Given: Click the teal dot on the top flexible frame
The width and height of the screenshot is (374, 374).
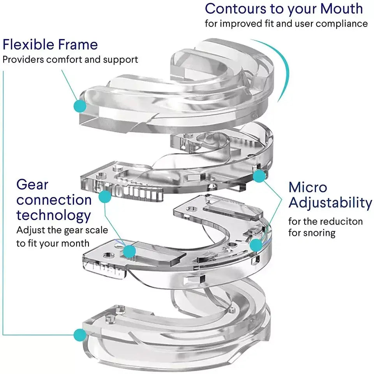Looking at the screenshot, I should pyautogui.click(x=80, y=105).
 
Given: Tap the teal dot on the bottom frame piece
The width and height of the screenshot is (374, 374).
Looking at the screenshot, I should pyautogui.click(x=80, y=334).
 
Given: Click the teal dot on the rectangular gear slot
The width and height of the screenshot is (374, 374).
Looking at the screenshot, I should pyautogui.click(x=130, y=250).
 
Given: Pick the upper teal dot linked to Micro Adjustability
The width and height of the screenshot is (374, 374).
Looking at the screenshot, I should pyautogui.click(x=259, y=177).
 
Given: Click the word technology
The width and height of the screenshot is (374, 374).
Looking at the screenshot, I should pyautogui.click(x=54, y=215).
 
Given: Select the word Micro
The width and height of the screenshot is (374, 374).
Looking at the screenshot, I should pyautogui.click(x=308, y=187).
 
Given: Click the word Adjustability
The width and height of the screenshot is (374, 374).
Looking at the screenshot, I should pyautogui.click(x=330, y=203).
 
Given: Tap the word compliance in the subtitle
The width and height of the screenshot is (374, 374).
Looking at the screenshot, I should pyautogui.click(x=342, y=23).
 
